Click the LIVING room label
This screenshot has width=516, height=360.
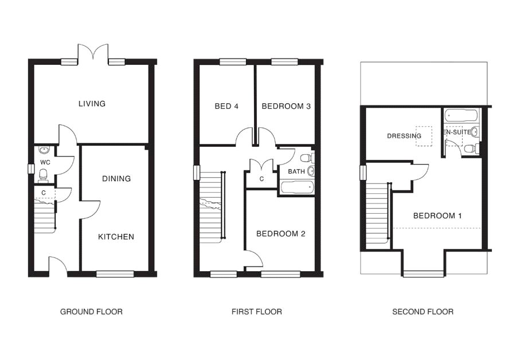click(92, 104)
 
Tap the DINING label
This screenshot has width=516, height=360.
click(116, 178)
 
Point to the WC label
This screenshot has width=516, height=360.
click(45, 162)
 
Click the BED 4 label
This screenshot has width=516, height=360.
click(226, 106)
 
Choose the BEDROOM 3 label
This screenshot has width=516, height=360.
click(286, 106)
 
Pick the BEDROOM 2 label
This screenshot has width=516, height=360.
click(280, 234)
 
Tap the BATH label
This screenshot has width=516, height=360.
click(296, 171)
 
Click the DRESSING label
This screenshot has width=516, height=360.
click(404, 136)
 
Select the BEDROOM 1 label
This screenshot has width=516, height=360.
click(437, 216)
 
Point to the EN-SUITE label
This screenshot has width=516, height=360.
click(457, 132)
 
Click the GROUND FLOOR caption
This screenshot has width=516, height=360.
click(91, 312)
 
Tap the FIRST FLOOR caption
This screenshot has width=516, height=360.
click(256, 312)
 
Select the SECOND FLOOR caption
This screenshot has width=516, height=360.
click(423, 312)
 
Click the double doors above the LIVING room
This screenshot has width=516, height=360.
click(92, 54)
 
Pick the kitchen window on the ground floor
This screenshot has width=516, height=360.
click(115, 273)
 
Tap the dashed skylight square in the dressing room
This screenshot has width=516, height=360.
click(424, 135)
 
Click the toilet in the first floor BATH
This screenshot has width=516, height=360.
click(306, 157)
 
